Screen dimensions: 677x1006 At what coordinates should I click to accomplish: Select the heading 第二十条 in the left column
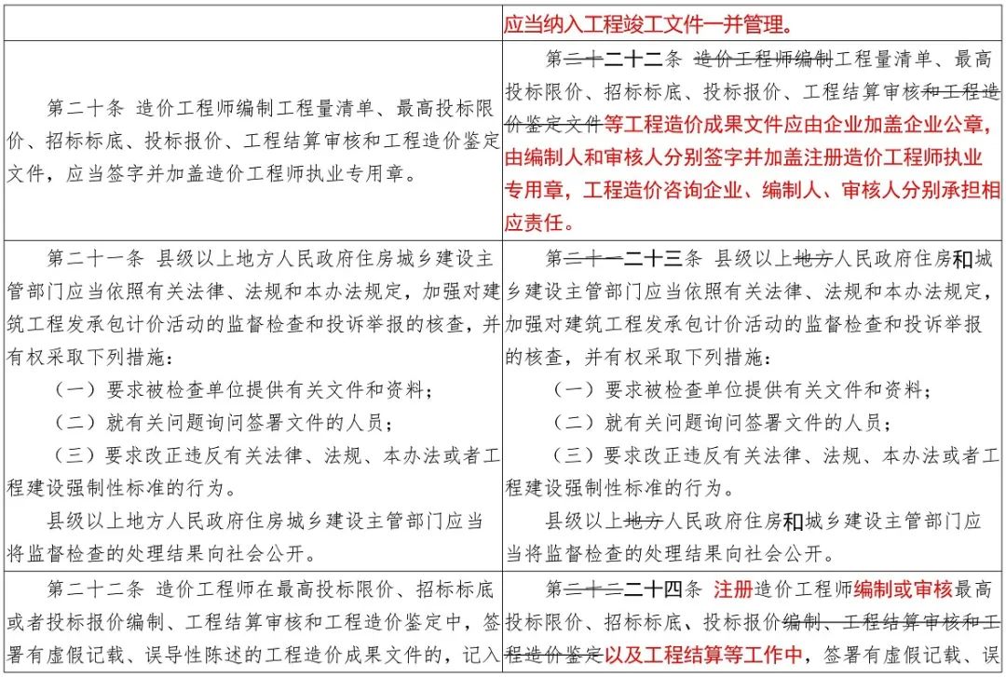click(x=85, y=107)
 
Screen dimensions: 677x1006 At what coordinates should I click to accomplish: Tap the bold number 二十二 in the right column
click(x=632, y=61)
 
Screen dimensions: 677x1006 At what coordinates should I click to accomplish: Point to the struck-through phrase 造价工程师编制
click(x=763, y=61)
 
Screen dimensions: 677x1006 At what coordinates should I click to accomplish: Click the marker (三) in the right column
click(x=571, y=455)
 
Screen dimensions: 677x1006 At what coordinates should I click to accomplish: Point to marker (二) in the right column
click(x=571, y=423)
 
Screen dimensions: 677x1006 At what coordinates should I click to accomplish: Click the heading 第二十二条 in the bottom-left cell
click(x=92, y=589)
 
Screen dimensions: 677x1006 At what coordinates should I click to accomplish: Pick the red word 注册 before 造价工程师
click(x=732, y=589)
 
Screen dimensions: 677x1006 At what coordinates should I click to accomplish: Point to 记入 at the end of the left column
click(x=484, y=654)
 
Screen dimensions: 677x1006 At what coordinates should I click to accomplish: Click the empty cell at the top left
click(x=252, y=20)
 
